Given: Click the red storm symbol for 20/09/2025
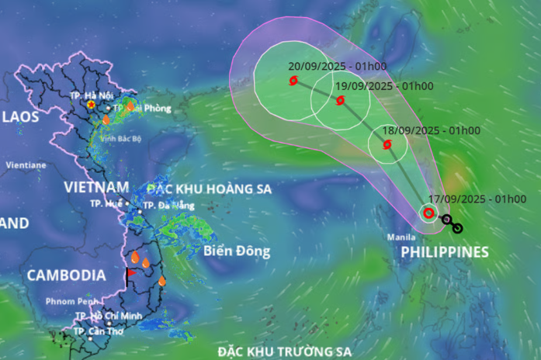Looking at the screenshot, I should pyautogui.click(x=293, y=81).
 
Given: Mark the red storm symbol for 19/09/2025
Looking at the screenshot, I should pyautogui.click(x=340, y=101).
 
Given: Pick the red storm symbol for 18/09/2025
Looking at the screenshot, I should pyautogui.click(x=387, y=144).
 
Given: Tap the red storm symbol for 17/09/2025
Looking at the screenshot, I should pyautogui.click(x=428, y=213).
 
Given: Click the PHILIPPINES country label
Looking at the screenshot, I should pyautogui.click(x=445, y=251).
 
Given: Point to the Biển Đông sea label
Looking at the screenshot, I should pyautogui.click(x=237, y=251).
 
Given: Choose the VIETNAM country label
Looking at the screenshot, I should pyautogui.click(x=95, y=187).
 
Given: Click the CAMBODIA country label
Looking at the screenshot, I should pyautogui.click(x=66, y=275).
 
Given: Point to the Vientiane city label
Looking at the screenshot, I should pyautogui.click(x=26, y=165).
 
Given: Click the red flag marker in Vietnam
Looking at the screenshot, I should pyautogui.click(x=130, y=272).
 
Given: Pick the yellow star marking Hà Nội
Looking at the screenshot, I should pyautogui.click(x=92, y=104).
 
